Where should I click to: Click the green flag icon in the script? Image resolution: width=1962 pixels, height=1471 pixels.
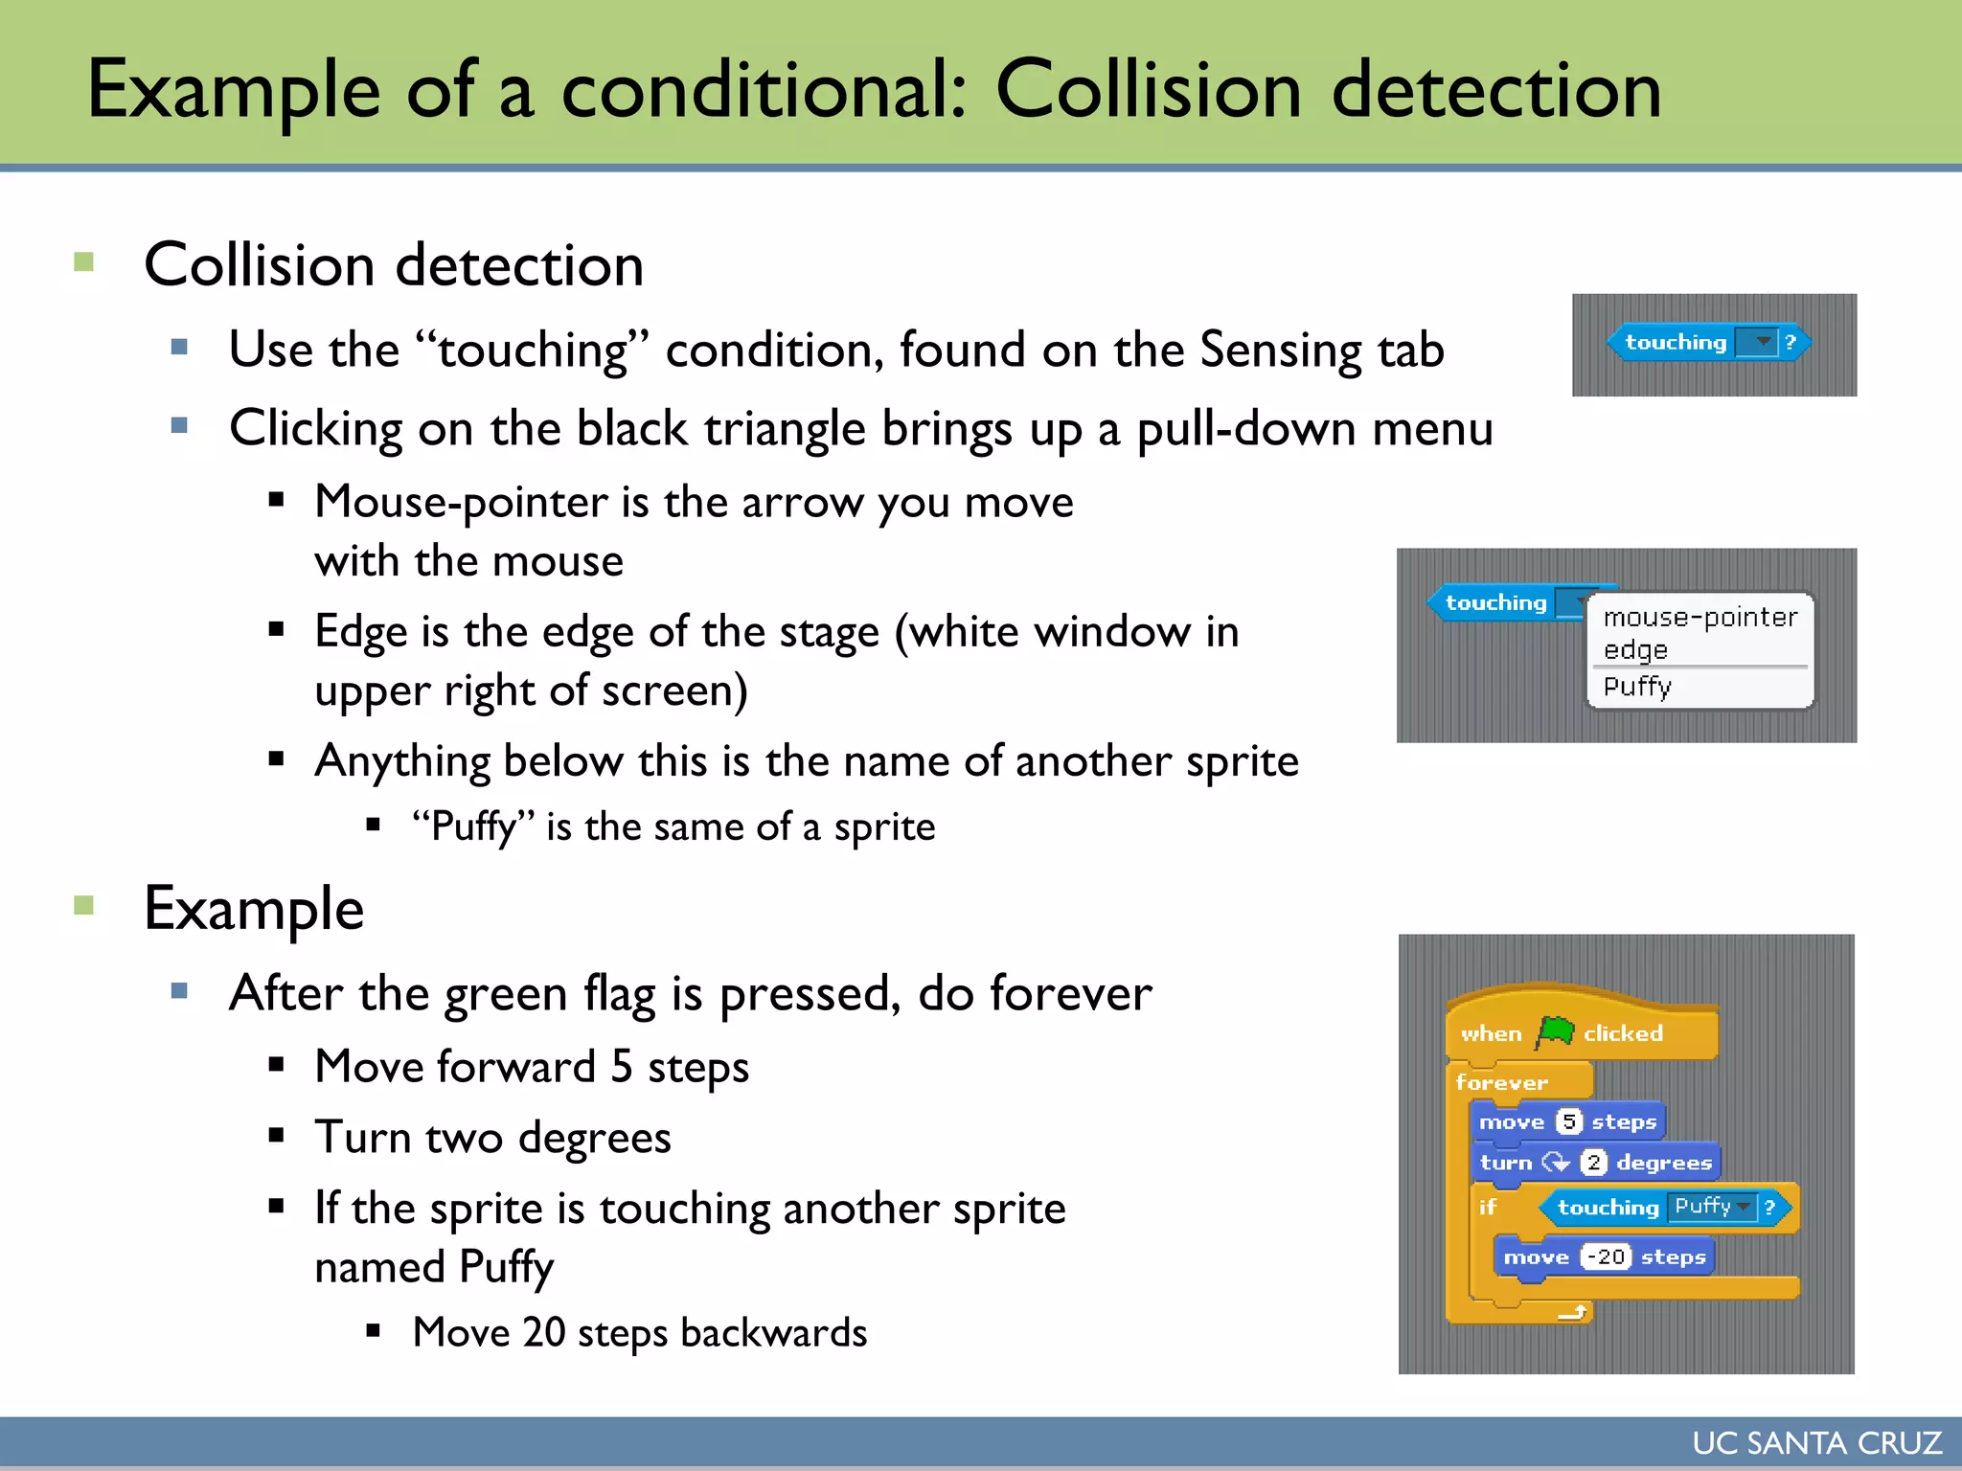pyautogui.click(x=1555, y=1032)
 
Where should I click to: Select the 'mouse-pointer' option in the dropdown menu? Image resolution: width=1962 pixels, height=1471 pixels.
pyautogui.click(x=1700, y=618)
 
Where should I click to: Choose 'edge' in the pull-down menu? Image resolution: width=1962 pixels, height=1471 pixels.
pyautogui.click(x=1635, y=650)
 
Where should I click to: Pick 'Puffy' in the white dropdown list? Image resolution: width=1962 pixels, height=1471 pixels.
pyautogui.click(x=1637, y=687)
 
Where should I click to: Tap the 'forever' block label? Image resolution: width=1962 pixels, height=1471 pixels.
pyautogui.click(x=1501, y=1082)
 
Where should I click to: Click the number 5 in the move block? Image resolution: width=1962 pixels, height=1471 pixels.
pyautogui.click(x=1568, y=1121)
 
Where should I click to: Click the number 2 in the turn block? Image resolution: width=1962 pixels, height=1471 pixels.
pyautogui.click(x=1593, y=1163)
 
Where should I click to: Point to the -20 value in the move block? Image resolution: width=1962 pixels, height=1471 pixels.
pyautogui.click(x=1606, y=1256)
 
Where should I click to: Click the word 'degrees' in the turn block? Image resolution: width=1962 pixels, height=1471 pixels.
pyautogui.click(x=1664, y=1163)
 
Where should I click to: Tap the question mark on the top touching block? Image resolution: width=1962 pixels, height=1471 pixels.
pyautogui.click(x=1790, y=342)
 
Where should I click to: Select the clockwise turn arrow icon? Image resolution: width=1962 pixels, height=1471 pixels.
pyautogui.click(x=1555, y=1163)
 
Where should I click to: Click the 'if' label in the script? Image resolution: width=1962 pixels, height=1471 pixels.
pyautogui.click(x=1487, y=1207)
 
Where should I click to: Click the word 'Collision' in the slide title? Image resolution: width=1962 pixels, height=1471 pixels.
pyautogui.click(x=1149, y=90)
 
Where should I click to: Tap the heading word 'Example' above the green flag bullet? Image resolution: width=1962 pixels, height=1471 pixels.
pyautogui.click(x=254, y=909)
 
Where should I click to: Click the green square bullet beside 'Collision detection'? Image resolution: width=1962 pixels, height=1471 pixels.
pyautogui.click(x=84, y=261)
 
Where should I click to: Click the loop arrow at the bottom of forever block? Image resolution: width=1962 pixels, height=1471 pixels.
pyautogui.click(x=1572, y=1312)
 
